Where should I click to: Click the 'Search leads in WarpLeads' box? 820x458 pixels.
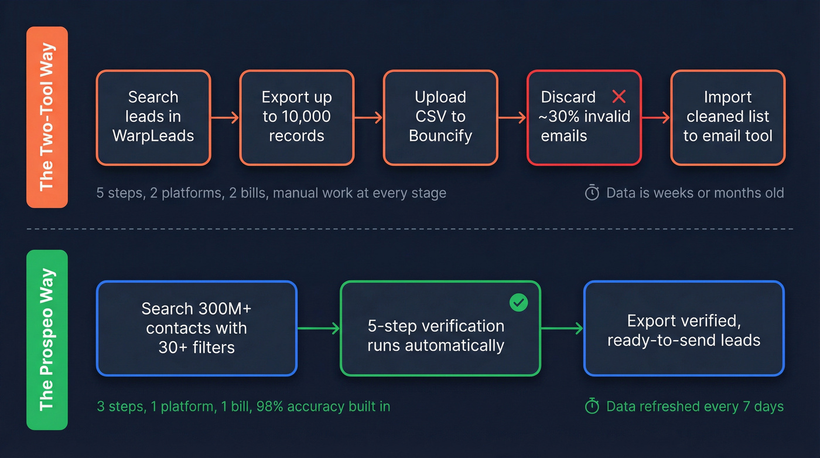coord(153,117)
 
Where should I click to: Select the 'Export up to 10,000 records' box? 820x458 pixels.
coord(296,117)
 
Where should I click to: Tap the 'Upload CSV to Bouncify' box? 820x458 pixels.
coord(440,117)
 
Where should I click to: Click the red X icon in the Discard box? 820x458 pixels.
coord(619,97)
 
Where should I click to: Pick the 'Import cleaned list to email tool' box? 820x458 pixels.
coord(727,117)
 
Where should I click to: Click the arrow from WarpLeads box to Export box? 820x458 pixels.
coord(225,118)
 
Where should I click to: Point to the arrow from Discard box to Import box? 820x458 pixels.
coord(656,118)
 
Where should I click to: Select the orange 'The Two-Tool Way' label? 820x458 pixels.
coord(47,117)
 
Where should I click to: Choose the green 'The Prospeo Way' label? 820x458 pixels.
coord(47,340)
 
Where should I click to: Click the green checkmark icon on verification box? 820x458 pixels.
coord(518,303)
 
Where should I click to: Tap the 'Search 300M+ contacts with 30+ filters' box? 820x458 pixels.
coord(196,328)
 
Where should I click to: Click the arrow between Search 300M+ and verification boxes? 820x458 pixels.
coord(319,329)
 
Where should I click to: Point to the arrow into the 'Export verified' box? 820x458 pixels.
coord(562,329)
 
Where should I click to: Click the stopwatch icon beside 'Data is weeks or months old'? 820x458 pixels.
coord(592,193)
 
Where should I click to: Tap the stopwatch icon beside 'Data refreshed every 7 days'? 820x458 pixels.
coord(592,406)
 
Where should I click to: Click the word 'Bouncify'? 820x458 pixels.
coord(440,136)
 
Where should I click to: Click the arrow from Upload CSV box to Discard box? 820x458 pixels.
coord(512,118)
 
